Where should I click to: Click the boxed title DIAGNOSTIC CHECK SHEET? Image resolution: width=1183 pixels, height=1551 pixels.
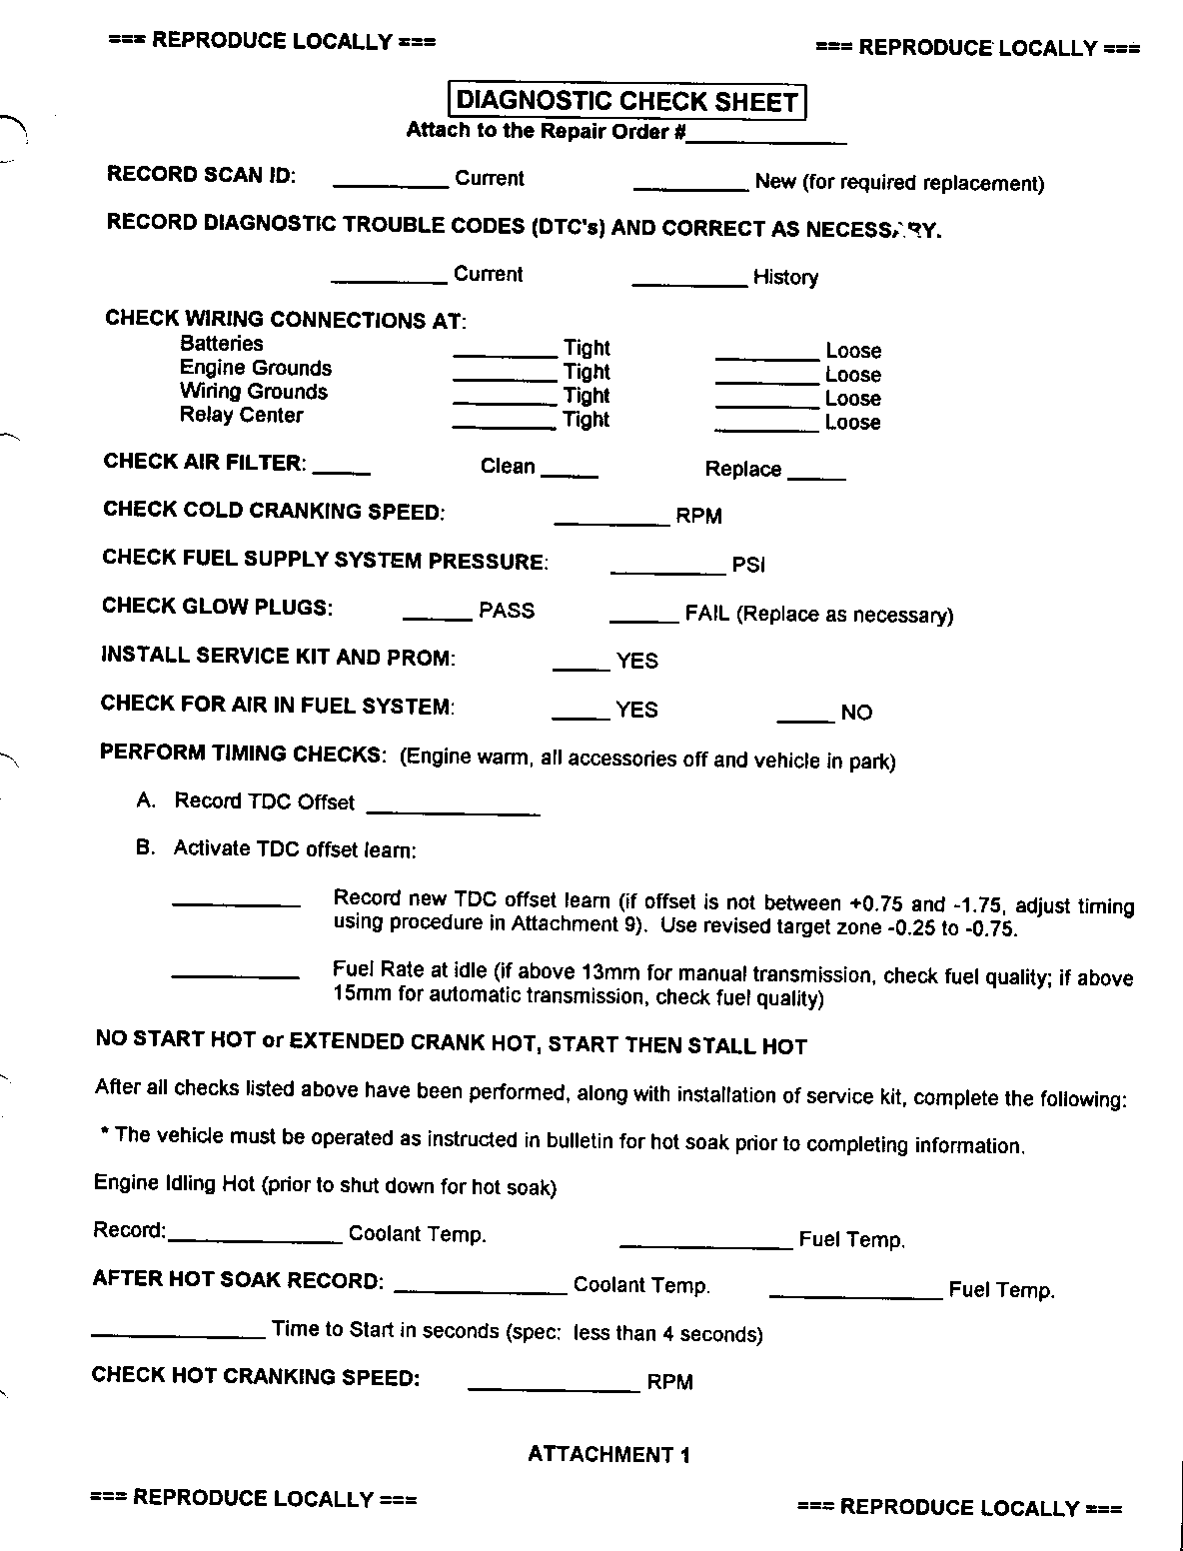click(627, 101)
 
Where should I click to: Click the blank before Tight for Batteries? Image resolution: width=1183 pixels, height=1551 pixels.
click(505, 352)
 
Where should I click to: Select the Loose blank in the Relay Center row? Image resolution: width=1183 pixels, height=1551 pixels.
click(766, 427)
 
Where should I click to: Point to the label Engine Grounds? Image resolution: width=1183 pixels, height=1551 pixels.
click(256, 368)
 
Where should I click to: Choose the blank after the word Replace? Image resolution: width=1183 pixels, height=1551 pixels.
click(817, 475)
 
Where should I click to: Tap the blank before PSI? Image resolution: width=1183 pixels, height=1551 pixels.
click(667, 570)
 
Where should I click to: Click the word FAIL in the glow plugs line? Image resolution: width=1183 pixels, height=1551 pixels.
click(707, 614)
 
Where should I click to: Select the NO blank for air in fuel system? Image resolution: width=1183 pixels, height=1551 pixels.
click(805, 718)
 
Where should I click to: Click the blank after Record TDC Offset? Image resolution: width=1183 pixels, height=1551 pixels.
click(454, 810)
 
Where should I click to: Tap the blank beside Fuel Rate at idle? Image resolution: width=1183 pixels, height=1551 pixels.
click(236, 973)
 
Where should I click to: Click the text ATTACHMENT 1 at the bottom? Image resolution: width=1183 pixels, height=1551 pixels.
click(608, 1455)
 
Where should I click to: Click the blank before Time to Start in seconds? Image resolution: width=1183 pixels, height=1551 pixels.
click(178, 1334)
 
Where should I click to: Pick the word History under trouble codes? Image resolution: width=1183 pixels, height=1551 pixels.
click(785, 278)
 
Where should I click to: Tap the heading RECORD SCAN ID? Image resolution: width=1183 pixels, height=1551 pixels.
click(201, 175)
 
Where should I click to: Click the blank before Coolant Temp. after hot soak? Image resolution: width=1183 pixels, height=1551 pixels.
click(481, 1288)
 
